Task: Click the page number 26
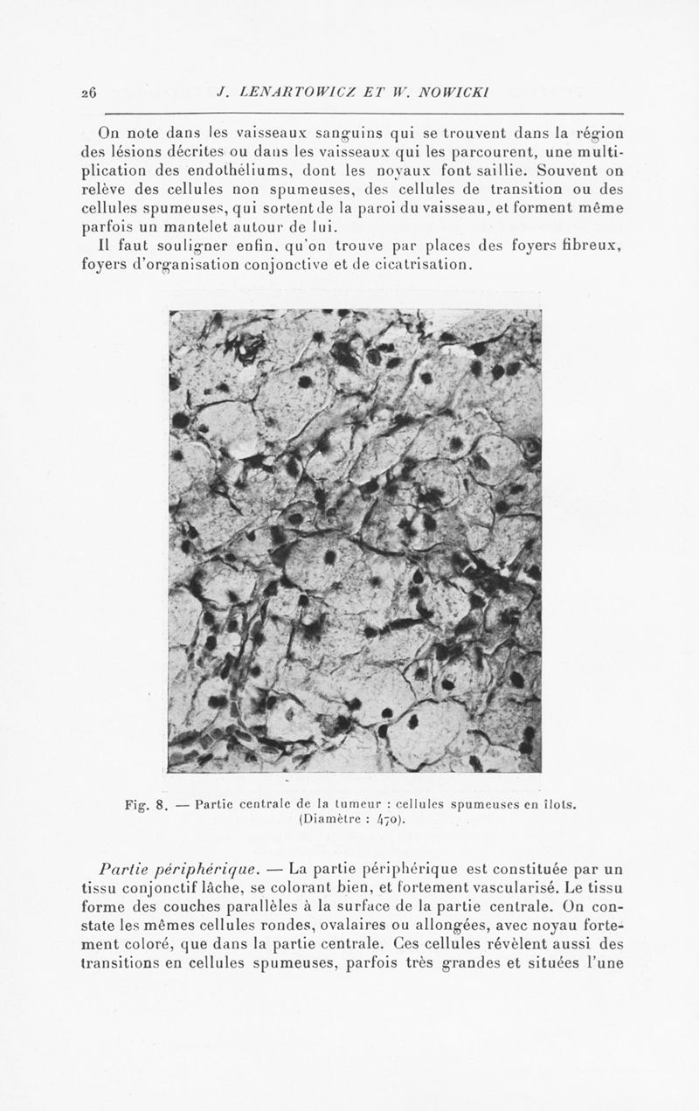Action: (x=88, y=91)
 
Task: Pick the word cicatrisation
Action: (x=418, y=265)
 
